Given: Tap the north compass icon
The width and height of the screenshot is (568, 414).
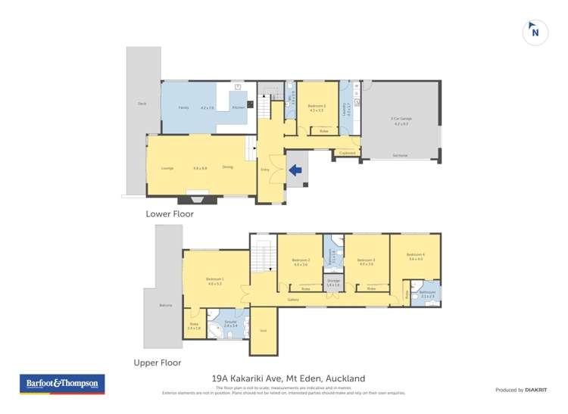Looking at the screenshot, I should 535,31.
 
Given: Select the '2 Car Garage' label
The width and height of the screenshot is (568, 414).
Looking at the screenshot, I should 401,120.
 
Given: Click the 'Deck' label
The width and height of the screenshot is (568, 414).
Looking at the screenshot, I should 142,103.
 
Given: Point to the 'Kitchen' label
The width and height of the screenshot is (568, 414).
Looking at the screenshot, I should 238,108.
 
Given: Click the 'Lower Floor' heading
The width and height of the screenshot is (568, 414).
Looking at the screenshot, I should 169,214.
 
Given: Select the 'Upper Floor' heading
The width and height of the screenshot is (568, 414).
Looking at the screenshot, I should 158,363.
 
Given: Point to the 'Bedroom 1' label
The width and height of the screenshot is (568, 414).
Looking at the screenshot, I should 214,279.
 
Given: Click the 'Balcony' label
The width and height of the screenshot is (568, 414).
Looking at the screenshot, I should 165,305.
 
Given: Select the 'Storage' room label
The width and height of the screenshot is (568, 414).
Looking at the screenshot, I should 333,280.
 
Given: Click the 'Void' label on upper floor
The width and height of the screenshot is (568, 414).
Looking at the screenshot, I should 263,331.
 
